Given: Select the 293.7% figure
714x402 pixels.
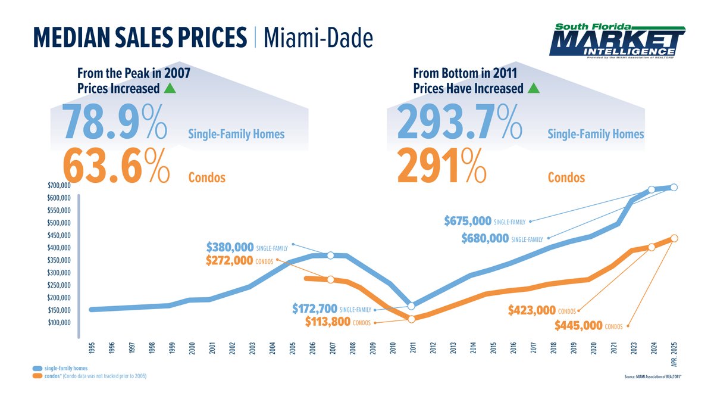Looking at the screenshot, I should coord(459,121).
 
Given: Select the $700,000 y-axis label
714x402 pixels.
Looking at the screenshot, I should coord(59,186).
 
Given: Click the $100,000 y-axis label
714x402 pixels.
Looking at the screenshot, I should coord(59,323).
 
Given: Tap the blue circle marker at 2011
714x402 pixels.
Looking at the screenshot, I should coord(411,306).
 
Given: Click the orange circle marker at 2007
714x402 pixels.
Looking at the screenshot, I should coord(330,279).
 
